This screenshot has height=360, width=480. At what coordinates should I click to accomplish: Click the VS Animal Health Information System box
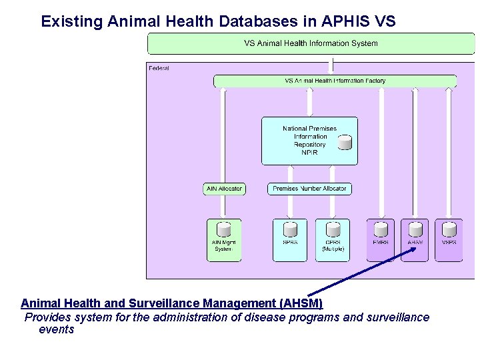tap(311, 43)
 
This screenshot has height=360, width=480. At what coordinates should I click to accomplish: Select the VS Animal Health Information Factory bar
tap(335, 81)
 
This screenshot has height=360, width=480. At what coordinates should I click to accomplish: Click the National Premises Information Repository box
tap(309, 141)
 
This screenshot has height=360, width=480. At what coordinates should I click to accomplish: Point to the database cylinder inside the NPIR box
tap(345, 142)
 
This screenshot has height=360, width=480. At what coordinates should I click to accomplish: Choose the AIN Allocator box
tap(224, 189)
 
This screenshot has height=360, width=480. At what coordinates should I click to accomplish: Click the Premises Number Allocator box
tap(309, 189)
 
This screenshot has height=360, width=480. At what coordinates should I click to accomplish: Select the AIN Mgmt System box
tap(223, 240)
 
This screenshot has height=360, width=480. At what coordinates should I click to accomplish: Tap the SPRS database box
tap(290, 240)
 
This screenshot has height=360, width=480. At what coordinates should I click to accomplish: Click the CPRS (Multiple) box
tap(333, 240)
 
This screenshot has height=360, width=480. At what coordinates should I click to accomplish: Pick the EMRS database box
tap(381, 240)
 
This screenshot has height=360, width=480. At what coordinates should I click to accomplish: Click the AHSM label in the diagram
tap(415, 243)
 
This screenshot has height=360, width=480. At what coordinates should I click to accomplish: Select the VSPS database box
tap(450, 240)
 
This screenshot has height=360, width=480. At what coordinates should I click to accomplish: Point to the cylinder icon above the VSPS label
tap(450, 229)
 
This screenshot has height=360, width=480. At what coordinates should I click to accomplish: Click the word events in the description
tap(57, 329)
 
